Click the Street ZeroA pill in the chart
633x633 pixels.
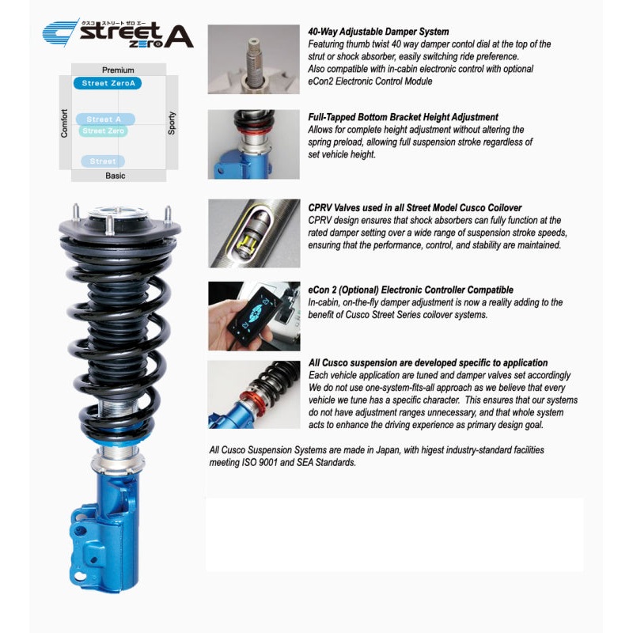pos(108,83)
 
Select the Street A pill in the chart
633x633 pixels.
pos(105,119)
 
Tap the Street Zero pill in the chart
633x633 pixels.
pos(104,131)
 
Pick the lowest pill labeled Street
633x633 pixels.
pos(103,161)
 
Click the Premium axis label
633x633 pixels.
pos(118,70)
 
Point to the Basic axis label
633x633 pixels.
pos(116,176)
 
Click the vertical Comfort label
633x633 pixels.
pos(65,123)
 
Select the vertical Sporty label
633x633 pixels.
pos(172,123)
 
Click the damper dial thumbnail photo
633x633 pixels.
pos(253,59)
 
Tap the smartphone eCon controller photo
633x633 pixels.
pos(253,315)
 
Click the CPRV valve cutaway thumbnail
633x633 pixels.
pos(253,233)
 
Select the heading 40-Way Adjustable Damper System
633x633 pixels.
pos(378,32)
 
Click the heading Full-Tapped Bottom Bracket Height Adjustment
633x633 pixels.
pos(403,117)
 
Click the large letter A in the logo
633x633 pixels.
pos(178,36)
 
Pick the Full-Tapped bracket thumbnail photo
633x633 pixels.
pos(253,144)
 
